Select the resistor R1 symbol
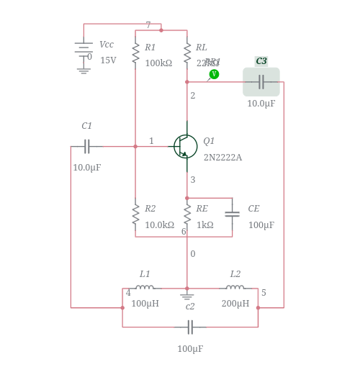[135, 53]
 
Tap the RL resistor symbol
[187, 53]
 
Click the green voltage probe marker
[214, 74]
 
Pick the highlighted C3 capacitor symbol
[261, 82]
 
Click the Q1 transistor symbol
[185, 146]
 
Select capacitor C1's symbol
[87, 147]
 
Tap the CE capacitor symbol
[232, 214]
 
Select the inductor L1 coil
[145, 288]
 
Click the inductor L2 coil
[235, 288]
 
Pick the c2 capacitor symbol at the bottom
[190, 327]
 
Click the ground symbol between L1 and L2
[187, 295]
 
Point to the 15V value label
[108, 60]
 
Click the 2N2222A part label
[222, 158]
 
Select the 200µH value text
[235, 304]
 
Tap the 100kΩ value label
[158, 63]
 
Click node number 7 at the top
[148, 25]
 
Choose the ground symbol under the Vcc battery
[84, 70]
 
